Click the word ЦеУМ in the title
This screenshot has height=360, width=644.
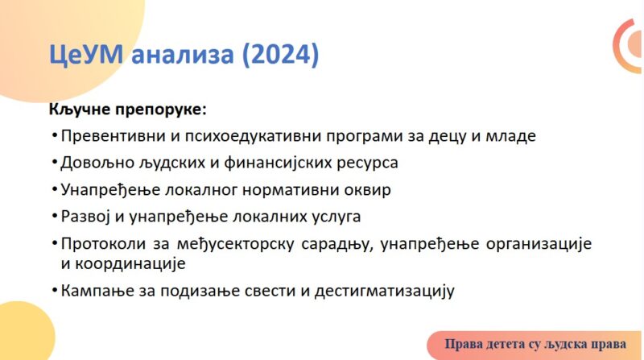click(x=86, y=54)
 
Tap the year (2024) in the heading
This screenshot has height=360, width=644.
click(x=280, y=54)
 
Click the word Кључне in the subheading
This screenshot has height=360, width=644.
click(x=80, y=110)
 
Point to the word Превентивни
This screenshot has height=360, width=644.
click(x=114, y=136)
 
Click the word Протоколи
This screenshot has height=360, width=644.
click(x=103, y=244)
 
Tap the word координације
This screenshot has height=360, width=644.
click(x=130, y=264)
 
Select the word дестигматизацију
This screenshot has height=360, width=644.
click(x=385, y=292)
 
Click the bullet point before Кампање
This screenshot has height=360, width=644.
click(x=55, y=291)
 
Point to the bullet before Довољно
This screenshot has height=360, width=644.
click(x=55, y=163)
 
